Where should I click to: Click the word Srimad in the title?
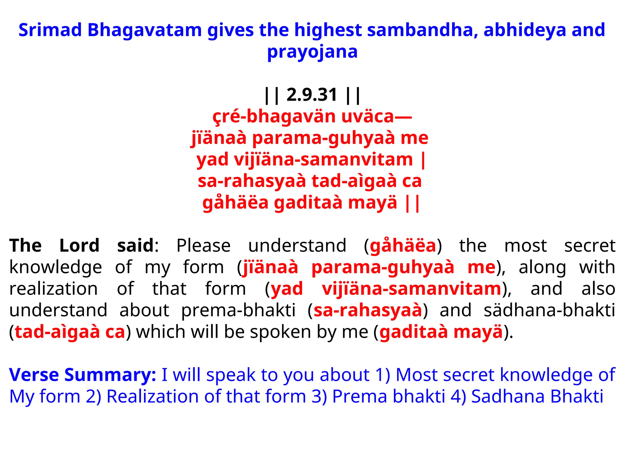tap(50, 30)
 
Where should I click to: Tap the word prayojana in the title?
tap(312, 52)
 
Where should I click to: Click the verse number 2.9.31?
tap(312, 95)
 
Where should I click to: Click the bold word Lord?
tap(79, 245)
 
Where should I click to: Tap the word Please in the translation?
tap(203, 245)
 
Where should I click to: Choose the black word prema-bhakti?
tap(238, 310)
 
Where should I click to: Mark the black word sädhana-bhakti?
tap(549, 310)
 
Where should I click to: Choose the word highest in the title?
tap(328, 30)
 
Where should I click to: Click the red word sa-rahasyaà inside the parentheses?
tap(368, 310)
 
